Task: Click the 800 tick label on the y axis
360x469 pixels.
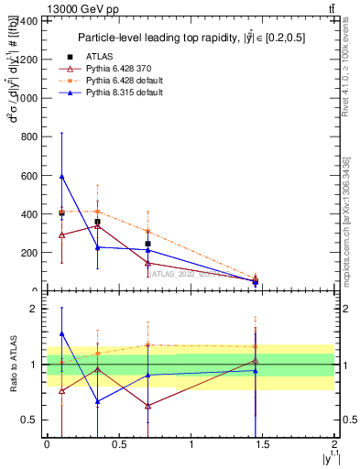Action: (x=29, y=136)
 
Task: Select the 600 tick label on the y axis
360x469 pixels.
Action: (x=29, y=175)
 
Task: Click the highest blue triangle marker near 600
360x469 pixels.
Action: (x=61, y=176)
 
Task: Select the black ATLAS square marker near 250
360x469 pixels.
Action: (x=147, y=244)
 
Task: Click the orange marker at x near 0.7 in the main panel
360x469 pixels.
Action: (x=147, y=232)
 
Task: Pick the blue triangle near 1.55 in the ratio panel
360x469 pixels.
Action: (x=61, y=334)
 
